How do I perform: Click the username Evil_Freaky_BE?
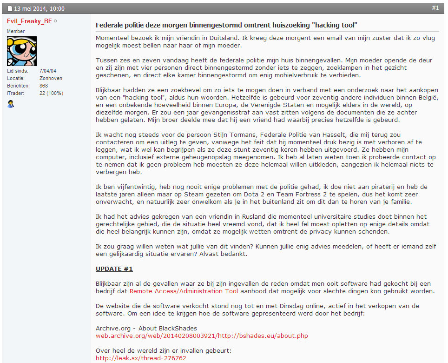pos(29,21)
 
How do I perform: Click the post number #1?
pos(435,8)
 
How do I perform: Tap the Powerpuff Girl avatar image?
pos(22,51)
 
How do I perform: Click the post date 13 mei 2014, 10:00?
pos(39,8)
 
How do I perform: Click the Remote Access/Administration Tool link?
pos(184,291)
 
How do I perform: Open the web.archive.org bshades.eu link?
pos(202,336)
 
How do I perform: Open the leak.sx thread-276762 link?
pos(141,358)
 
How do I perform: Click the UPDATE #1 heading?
pos(114,269)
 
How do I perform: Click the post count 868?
pos(44,86)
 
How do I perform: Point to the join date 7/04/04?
pos(48,71)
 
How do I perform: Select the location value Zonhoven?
pos(51,78)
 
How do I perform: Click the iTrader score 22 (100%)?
pos(52,93)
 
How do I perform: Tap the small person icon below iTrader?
pos(11,104)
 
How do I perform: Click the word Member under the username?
pos(16,31)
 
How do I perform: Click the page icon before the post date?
pos(10,8)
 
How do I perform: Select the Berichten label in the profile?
pos(18,86)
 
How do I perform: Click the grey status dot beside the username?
pos(55,21)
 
